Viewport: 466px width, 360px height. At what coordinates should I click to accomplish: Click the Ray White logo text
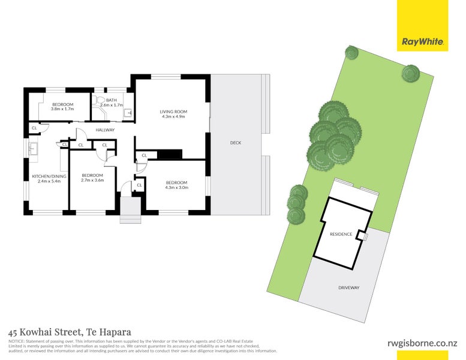coord(423,41)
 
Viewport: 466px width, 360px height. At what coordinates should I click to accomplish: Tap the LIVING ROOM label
coord(173,112)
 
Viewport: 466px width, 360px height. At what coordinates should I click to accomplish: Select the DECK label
coord(236,143)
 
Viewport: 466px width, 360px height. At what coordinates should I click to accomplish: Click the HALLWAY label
coord(105,130)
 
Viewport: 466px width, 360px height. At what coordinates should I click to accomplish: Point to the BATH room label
coord(112,100)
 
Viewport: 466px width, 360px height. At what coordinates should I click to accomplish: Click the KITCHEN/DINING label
coord(49,176)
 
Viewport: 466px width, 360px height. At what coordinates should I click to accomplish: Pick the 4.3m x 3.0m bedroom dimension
coord(176,188)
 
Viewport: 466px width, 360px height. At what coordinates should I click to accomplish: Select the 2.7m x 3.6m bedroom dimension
coord(92,180)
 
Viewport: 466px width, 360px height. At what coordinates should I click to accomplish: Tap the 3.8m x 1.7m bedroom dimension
coord(62,109)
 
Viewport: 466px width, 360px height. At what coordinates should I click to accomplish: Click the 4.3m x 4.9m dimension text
coord(173,116)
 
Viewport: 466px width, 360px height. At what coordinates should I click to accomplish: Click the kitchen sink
coord(33,149)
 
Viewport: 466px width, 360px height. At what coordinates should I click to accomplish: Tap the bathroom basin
coord(128,113)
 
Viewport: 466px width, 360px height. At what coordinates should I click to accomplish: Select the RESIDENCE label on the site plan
coord(341,234)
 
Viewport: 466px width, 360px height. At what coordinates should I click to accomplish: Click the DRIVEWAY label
coord(349,288)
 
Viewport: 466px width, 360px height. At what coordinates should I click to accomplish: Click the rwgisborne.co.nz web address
coord(422,343)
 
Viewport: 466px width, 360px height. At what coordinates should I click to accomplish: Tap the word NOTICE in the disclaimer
coord(16,341)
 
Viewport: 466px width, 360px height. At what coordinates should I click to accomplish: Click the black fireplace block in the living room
coord(169,154)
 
